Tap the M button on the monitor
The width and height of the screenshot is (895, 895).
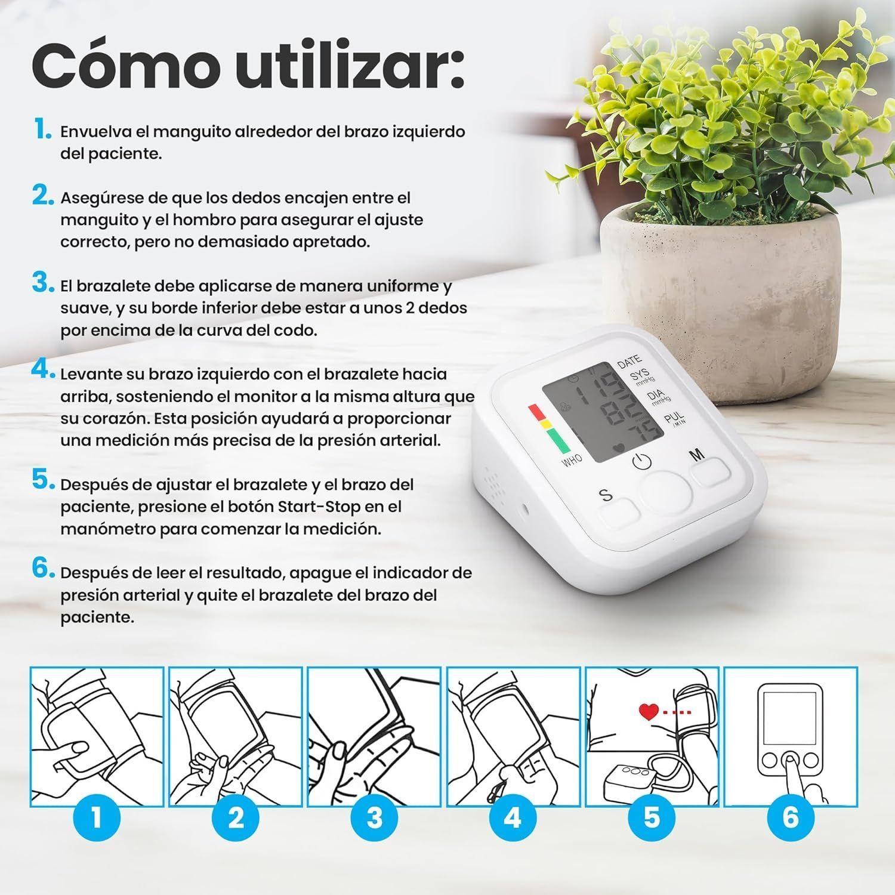(x=712, y=475)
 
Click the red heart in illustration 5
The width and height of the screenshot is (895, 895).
(x=649, y=712)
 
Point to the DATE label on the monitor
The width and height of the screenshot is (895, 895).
(x=630, y=361)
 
